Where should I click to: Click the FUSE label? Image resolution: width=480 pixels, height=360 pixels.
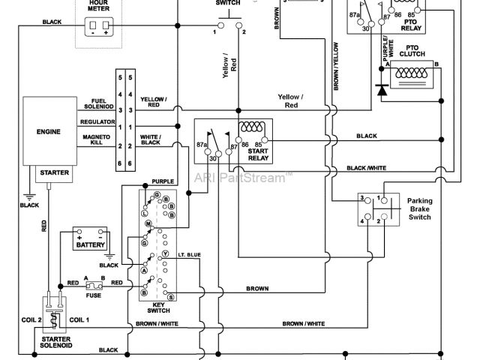(x=93, y=295)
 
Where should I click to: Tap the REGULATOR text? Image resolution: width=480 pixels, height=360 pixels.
(x=95, y=121)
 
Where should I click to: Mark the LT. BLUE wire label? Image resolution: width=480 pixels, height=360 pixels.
(x=190, y=255)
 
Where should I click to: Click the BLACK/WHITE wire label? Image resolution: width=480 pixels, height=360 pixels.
(x=366, y=168)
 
